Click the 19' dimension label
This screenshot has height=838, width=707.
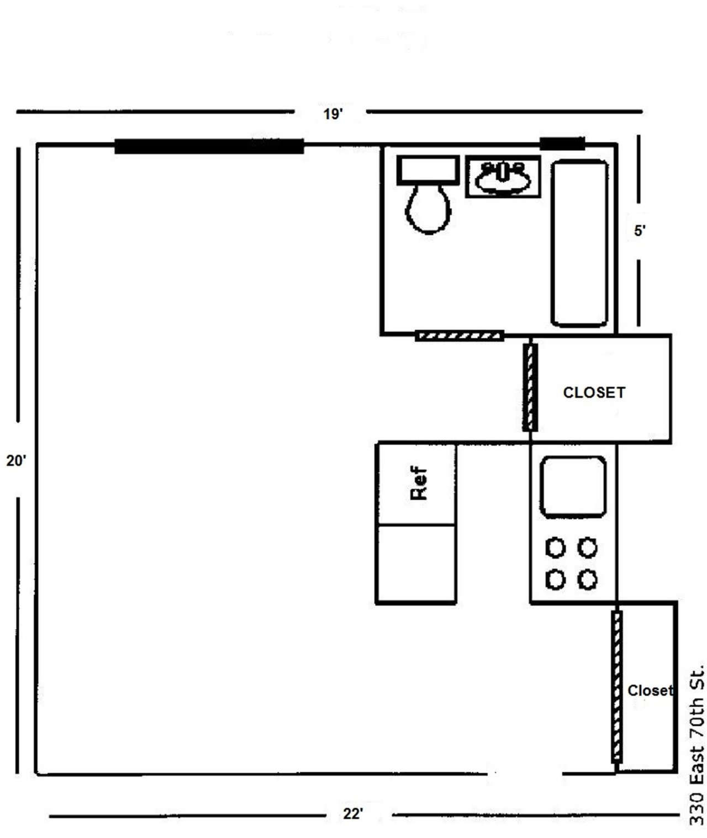pyautogui.click(x=333, y=114)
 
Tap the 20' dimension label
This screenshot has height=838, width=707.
pyautogui.click(x=16, y=460)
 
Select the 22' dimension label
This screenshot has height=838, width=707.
pyautogui.click(x=352, y=814)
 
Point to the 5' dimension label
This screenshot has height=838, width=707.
pyautogui.click(x=639, y=231)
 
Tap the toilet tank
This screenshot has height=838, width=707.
pyautogui.click(x=428, y=169)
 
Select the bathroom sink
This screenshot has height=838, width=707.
pyautogui.click(x=503, y=177)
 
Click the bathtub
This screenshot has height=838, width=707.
pyautogui.click(x=579, y=242)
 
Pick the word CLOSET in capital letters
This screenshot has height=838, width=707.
pyautogui.click(x=594, y=393)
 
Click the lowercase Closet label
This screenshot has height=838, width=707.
pyautogui.click(x=650, y=690)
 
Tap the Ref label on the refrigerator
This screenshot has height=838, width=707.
pyautogui.click(x=419, y=484)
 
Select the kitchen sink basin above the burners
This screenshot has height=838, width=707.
pyautogui.click(x=573, y=486)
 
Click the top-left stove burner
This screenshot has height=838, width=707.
pyautogui.click(x=556, y=548)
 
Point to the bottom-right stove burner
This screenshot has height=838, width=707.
pyautogui.click(x=588, y=580)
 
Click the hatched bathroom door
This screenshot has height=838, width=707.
pyautogui.click(x=459, y=336)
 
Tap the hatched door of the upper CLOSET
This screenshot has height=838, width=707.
pyautogui.click(x=530, y=387)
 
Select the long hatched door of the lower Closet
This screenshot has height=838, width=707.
pyautogui.click(x=617, y=686)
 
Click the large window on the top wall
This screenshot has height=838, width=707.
pyautogui.click(x=209, y=146)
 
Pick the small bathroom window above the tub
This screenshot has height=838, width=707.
pyautogui.click(x=562, y=144)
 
